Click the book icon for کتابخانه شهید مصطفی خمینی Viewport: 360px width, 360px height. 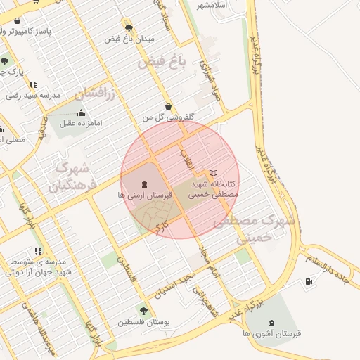click(214, 173)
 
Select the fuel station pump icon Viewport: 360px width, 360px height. click(308, 282)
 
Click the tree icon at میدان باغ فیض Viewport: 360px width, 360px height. click(129, 27)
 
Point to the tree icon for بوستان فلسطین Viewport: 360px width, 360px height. click(143, 310)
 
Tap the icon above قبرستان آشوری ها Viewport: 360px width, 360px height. click(271, 323)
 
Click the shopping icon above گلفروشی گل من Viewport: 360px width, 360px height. click(168, 106)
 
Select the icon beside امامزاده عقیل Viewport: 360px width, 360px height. click(80, 112)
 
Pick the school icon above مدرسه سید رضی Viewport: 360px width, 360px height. click(34, 84)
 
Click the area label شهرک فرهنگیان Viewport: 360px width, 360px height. click(70, 177)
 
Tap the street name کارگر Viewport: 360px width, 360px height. click(162, 226)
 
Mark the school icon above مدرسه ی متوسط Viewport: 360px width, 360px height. click(37, 251)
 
